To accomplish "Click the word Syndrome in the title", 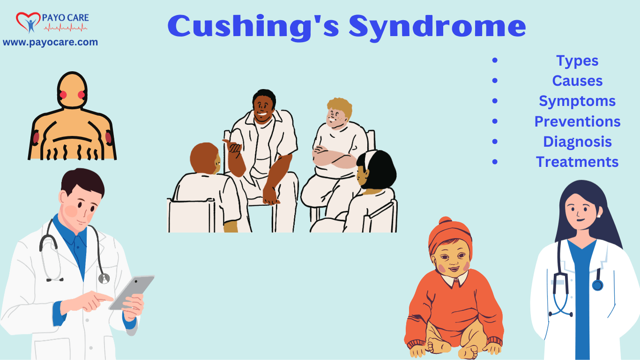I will coord(437,27).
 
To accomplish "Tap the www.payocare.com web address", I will coord(51,42).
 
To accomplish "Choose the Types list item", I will coord(577,61).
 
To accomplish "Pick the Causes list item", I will coord(577,81).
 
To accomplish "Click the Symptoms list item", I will coord(577,101).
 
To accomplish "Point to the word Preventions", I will coord(577,121).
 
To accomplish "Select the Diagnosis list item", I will coord(577,142).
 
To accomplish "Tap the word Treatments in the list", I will coord(577,162).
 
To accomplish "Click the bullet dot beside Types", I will coord(495,60).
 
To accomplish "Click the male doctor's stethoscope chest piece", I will coord(104,278).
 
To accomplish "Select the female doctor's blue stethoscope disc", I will coord(597,285).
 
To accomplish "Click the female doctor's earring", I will coord(598,216).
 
